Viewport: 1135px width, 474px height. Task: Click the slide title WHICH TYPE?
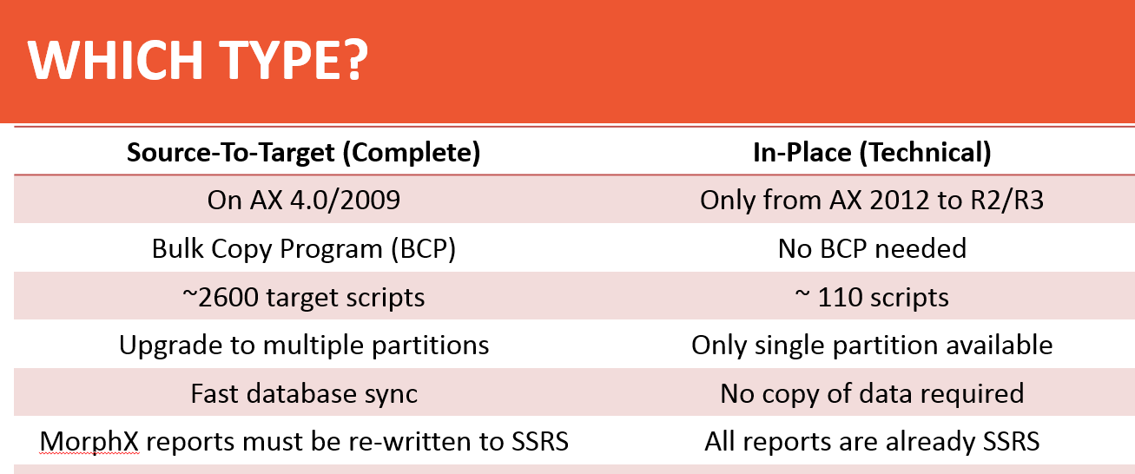(198, 60)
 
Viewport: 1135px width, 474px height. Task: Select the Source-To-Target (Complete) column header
(304, 153)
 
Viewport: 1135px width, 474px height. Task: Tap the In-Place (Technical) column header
(872, 153)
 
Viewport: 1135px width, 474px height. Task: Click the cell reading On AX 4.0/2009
(304, 200)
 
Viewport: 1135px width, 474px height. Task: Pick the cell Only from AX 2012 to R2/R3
(872, 200)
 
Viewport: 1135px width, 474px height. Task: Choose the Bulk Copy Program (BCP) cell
(304, 248)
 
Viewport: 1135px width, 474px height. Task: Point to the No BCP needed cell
(872, 248)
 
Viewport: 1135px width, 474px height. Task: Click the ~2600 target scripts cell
(304, 297)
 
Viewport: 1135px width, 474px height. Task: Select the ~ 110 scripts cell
(872, 297)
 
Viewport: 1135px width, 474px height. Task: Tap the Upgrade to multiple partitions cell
(304, 346)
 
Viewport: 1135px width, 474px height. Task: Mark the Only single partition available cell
(872, 346)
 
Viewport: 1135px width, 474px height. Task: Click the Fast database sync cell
(304, 393)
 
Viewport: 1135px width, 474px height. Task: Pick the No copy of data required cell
(872, 393)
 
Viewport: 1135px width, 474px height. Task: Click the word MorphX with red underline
(89, 442)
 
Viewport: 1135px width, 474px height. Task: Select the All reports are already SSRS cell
(872, 442)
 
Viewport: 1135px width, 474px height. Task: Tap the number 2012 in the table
(900, 200)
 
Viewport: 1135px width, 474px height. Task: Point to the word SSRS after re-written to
(540, 442)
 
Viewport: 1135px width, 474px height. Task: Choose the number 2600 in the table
(228, 297)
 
